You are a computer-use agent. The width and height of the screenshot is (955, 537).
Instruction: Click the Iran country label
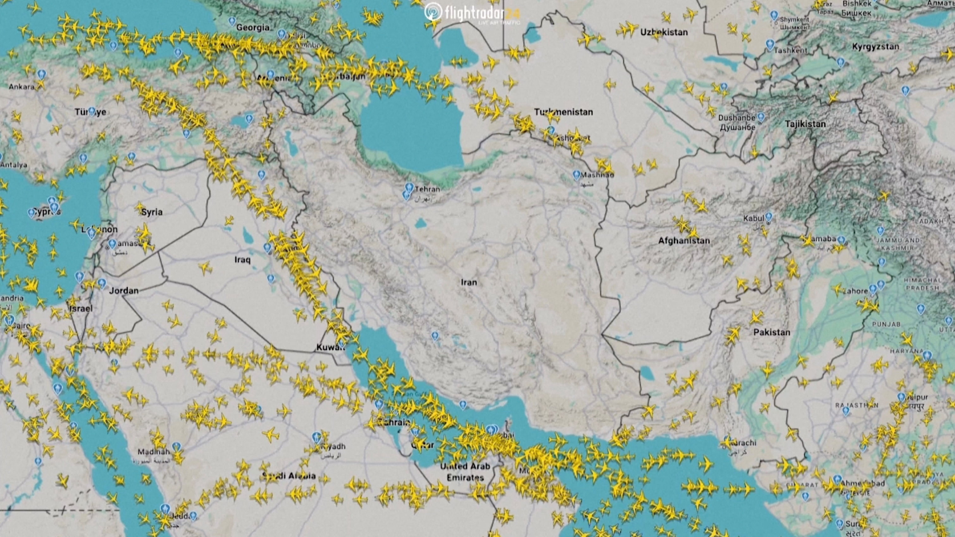pos(469,282)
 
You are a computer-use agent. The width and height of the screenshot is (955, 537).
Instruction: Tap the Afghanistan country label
pos(684,241)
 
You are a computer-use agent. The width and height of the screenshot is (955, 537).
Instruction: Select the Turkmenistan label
pos(564,112)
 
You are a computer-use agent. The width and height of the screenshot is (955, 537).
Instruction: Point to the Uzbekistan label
pos(664,32)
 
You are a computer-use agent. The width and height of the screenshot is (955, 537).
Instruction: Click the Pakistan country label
pos(772,332)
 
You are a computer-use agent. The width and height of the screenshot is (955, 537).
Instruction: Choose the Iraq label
pos(243,259)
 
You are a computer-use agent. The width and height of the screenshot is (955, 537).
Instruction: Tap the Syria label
pos(152,212)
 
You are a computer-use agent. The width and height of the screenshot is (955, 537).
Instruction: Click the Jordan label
pos(124,291)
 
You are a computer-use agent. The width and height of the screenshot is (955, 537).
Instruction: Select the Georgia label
pos(253,27)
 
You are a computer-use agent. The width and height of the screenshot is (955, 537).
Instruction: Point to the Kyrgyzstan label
pos(875,47)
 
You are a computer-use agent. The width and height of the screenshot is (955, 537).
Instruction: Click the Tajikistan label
pos(805,124)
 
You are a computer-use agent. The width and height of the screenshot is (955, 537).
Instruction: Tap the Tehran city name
pos(427,189)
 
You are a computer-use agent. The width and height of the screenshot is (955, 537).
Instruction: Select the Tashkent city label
pos(790,50)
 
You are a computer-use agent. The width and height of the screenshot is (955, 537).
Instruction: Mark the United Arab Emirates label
pos(465,471)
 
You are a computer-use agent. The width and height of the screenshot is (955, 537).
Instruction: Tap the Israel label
pos(81,308)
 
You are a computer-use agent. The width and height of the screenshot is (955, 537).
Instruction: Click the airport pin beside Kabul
pos(769,216)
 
